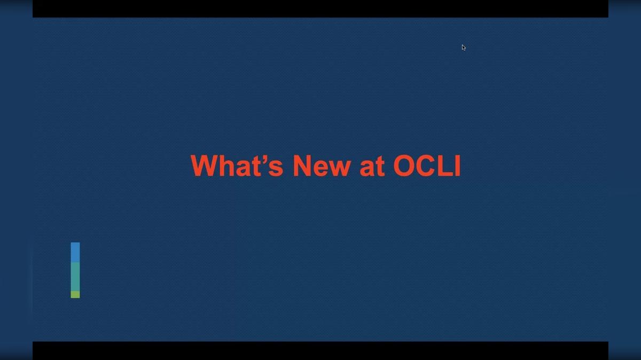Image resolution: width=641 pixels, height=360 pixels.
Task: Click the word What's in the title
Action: pos(237,166)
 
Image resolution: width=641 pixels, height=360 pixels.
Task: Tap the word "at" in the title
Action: pos(372,167)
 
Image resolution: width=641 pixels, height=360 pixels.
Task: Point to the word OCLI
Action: pos(427,166)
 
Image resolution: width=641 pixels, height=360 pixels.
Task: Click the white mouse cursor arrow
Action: pos(463,47)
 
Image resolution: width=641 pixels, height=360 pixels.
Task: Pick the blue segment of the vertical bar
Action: pos(75,252)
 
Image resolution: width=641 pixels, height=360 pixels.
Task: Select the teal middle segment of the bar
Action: pos(75,276)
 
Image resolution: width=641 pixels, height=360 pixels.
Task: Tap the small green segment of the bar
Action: pos(75,294)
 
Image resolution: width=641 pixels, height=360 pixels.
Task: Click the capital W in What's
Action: pos(204,166)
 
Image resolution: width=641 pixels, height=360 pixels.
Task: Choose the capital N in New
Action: pos(303,166)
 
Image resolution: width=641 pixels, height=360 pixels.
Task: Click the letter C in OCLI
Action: pos(428,166)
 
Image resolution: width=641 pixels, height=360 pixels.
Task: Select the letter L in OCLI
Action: pos(446,166)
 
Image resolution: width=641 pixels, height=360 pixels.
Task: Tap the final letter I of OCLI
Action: pos(457,166)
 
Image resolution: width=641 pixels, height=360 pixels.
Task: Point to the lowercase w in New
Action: pos(340,168)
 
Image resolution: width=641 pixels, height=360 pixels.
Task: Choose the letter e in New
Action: pos(321,168)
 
